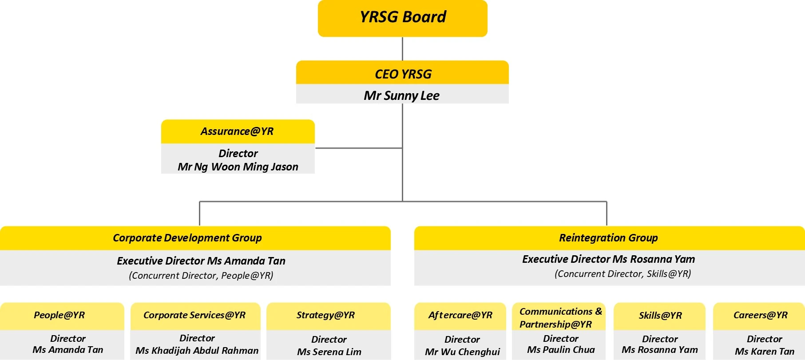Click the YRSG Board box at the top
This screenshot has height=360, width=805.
[x=403, y=18]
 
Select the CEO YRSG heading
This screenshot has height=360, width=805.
[x=403, y=74]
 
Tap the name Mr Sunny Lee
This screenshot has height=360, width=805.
[x=401, y=95]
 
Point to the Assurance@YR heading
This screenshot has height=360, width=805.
[x=237, y=131]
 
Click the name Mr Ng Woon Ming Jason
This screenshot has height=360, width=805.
[x=238, y=167]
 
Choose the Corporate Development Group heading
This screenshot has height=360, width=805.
[x=187, y=238]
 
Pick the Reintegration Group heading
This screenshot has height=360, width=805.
[x=608, y=238]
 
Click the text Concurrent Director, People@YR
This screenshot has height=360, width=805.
[x=201, y=276]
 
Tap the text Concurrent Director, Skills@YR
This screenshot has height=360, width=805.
[x=623, y=274]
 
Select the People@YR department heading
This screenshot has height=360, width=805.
[x=59, y=315]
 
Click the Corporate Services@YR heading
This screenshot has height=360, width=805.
[x=194, y=315]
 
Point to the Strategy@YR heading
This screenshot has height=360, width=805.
[x=325, y=315]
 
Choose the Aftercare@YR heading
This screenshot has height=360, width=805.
[x=460, y=315]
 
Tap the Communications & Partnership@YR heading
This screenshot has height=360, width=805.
[x=560, y=318]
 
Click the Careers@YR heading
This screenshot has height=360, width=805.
[x=760, y=315]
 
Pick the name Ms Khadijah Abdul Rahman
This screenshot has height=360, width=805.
[x=197, y=351]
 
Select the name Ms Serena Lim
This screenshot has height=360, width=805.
[x=329, y=352]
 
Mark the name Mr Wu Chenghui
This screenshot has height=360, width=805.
[x=462, y=352]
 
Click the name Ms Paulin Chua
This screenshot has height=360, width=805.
[x=561, y=350]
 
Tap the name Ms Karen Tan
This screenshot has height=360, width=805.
[x=764, y=352]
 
